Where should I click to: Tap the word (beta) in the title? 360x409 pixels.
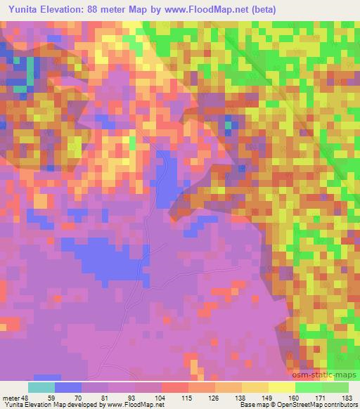coord(259,9)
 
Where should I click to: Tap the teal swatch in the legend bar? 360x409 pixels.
coord(41,387)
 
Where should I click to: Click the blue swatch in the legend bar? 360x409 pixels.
coord(67,387)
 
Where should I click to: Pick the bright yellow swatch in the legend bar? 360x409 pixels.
coord(281,387)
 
